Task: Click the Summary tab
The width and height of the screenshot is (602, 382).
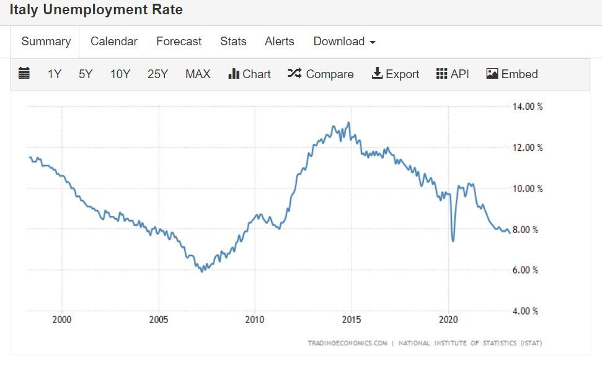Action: click(x=46, y=42)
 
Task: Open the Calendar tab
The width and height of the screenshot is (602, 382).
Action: click(x=114, y=42)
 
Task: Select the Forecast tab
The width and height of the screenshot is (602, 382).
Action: click(x=179, y=42)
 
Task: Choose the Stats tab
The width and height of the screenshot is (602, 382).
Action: click(x=233, y=42)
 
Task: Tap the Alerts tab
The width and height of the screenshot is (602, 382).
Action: click(x=280, y=42)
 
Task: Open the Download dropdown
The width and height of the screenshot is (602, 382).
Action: click(x=344, y=42)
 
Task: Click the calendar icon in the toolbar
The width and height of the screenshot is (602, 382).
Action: click(x=24, y=74)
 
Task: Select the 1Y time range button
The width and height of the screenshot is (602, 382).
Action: click(x=55, y=74)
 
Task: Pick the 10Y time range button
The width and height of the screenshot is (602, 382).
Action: click(x=120, y=74)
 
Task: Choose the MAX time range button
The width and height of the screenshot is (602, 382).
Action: click(x=198, y=74)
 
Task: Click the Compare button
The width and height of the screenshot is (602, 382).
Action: click(x=321, y=74)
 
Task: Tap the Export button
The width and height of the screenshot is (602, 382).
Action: click(x=396, y=74)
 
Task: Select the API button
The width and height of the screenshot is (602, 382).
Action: click(x=453, y=74)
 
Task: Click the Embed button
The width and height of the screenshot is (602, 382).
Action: click(x=512, y=74)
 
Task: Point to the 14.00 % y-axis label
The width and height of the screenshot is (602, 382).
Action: click(x=528, y=107)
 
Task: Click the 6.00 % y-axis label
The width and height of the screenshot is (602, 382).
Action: click(x=526, y=270)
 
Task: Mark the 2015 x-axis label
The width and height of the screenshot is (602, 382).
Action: click(x=351, y=320)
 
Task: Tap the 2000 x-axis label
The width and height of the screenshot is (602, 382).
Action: click(x=62, y=320)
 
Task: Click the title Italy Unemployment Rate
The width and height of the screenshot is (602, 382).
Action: click(x=96, y=11)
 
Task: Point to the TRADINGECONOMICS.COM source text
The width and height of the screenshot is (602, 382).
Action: click(x=348, y=343)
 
